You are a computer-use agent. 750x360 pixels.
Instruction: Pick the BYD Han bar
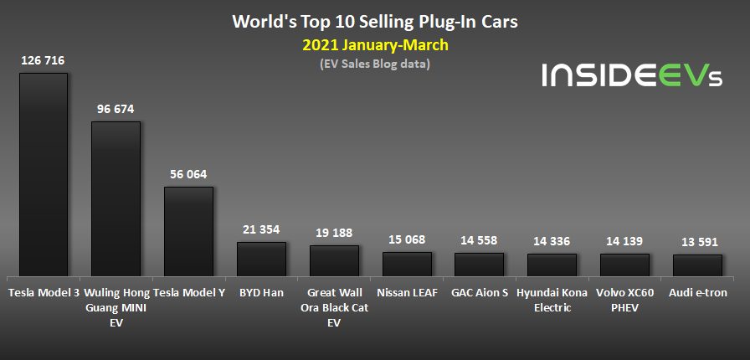coord(261,260)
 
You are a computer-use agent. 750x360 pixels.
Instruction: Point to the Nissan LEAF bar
coord(407,264)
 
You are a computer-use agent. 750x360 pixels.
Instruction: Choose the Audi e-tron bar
coord(697,265)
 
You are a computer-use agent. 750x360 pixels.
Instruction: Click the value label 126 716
coord(44,60)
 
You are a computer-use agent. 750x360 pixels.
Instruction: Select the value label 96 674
coord(116,109)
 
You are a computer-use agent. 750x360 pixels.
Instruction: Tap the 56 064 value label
coord(188,174)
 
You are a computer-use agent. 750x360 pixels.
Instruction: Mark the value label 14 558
coord(479,240)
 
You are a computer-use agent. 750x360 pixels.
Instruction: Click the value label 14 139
coord(624,241)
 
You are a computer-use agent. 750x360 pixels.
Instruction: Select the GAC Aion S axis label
coord(479,293)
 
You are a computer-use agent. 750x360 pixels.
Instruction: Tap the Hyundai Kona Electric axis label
coord(552,300)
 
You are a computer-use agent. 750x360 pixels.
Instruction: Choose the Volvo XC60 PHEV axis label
coord(624,300)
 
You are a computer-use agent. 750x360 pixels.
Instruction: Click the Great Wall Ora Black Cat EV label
coord(334,306)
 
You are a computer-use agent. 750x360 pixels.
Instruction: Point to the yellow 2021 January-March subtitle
coord(374,44)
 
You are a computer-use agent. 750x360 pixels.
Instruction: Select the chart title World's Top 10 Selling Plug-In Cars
coord(374,21)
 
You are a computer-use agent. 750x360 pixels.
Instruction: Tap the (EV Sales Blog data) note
coord(374,64)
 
